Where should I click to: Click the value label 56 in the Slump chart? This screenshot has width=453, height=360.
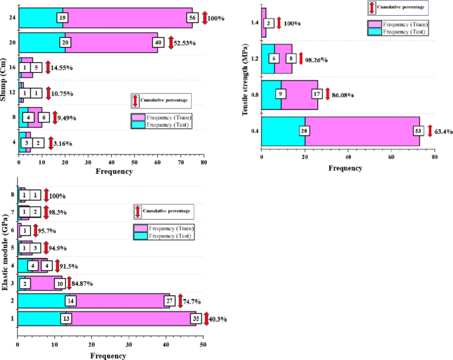coord(192,17)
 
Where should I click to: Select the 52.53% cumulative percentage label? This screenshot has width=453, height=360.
coord(187,42)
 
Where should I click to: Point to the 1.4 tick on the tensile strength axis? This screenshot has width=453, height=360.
coord(254,23)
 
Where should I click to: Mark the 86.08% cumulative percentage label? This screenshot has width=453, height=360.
coord(339,95)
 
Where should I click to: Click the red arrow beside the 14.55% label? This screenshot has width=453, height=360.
coord(48,67)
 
